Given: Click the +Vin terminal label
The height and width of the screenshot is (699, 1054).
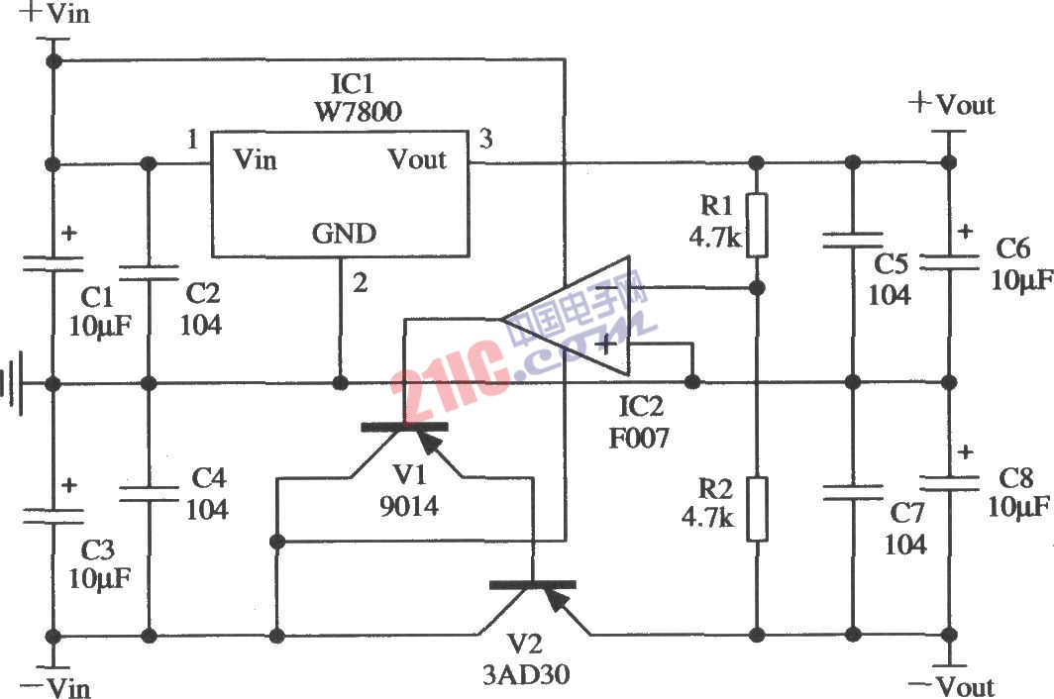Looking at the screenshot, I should (50, 14).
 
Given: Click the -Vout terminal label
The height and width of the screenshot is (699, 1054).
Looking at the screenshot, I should (952, 685).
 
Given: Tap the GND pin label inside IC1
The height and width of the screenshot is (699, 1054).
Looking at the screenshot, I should (344, 234).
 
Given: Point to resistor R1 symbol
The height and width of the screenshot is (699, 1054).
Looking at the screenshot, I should (757, 225).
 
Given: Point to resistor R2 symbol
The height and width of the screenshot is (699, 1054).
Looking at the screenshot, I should (757, 508).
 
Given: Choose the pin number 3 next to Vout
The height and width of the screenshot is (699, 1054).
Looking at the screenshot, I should (485, 139).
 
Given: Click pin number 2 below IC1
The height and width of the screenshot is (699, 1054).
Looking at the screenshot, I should (361, 283).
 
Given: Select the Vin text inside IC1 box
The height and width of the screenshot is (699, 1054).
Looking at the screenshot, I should (255, 159).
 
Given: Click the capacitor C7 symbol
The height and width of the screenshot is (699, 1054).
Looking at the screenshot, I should (852, 489).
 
